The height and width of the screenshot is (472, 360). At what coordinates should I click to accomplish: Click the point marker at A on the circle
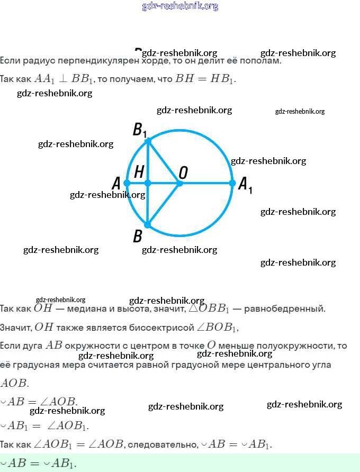click(127, 183)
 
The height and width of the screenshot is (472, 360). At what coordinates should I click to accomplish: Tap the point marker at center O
click(179, 183)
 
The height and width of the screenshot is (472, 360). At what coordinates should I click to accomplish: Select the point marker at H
click(148, 183)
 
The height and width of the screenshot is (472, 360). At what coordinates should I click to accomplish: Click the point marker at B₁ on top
click(148, 141)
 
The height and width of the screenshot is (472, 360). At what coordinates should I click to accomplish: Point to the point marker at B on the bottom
click(148, 225)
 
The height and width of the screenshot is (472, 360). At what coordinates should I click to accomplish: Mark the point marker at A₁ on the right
click(232, 183)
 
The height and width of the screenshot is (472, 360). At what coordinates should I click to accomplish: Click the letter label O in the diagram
click(183, 172)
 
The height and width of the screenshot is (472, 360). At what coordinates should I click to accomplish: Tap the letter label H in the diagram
click(139, 171)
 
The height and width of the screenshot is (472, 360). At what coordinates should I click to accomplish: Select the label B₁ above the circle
click(139, 130)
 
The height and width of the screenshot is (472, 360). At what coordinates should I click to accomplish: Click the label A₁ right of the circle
click(245, 185)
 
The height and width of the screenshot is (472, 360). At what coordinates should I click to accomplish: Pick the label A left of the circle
click(116, 184)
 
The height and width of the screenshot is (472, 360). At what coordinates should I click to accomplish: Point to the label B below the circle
click(138, 235)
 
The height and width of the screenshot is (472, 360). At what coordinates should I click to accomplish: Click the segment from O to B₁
click(164, 162)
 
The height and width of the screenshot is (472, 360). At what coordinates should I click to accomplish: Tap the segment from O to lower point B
click(164, 204)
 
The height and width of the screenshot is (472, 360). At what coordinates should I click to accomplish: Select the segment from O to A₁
click(206, 183)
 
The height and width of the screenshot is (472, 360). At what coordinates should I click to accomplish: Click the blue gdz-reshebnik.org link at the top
click(180, 6)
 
